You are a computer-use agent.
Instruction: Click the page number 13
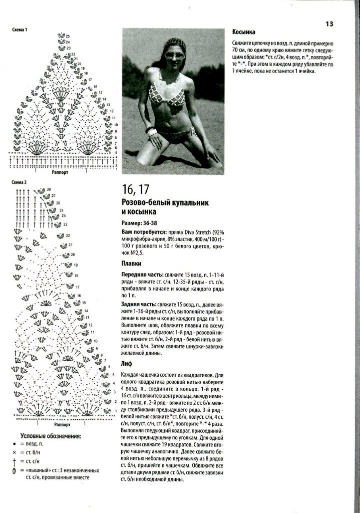[329, 23]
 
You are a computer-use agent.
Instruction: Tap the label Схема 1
[20, 31]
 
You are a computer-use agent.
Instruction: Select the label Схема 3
[20, 183]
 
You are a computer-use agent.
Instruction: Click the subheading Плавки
[131, 263]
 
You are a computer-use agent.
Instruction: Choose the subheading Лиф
[127, 363]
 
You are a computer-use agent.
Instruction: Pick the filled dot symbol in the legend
[15, 444]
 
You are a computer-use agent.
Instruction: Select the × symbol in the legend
[15, 452]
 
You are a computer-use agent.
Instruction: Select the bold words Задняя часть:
[139, 304]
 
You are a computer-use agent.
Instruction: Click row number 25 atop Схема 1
[68, 37]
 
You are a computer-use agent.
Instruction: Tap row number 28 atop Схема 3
[49, 190]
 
